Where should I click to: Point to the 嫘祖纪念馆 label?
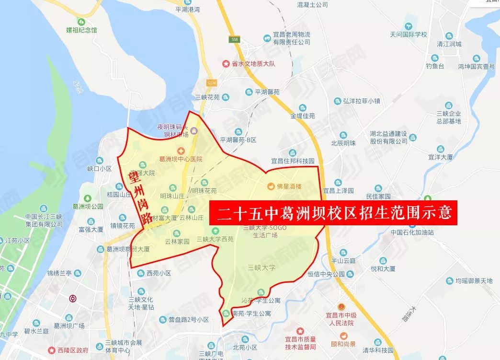pos(81,30)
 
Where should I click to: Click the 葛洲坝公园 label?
pos(87,207)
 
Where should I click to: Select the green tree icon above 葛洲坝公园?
pos(87,197)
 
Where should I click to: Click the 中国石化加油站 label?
pos(412,232)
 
